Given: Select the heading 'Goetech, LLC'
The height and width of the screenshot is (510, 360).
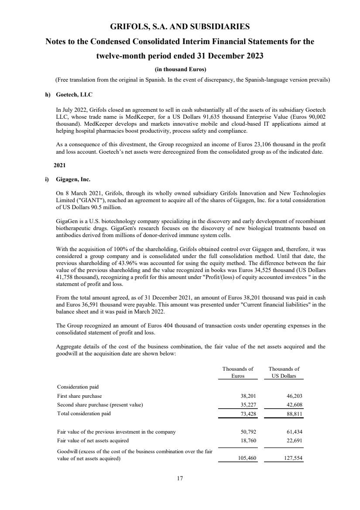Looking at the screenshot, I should tap(74, 94).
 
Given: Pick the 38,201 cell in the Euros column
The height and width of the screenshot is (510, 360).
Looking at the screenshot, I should tap(244, 396).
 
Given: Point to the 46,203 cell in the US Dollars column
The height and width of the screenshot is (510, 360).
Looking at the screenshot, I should tap(294, 396).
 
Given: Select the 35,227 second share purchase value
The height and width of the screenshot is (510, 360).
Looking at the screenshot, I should tap(244, 404).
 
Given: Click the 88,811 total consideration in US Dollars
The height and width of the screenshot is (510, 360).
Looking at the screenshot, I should tap(294, 413).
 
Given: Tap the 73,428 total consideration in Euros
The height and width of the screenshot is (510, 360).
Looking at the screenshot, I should tap(244, 413).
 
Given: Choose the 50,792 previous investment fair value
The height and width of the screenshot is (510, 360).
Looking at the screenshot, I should tap(244, 432).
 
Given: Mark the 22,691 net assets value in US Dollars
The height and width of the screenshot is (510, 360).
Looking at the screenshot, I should tap(294, 441).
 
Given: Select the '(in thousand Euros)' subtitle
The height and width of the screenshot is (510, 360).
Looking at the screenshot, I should tap(180, 69).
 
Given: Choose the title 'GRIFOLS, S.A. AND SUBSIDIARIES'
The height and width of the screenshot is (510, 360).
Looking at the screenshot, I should tap(180, 27).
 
